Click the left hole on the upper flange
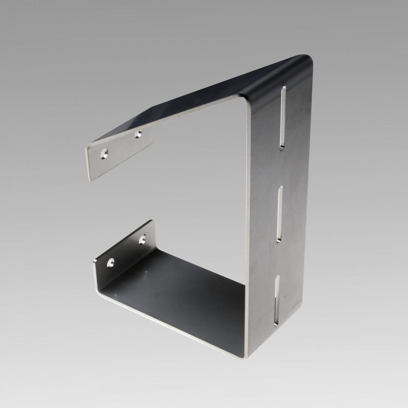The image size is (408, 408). click(x=105, y=154)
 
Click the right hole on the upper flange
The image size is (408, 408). click(x=137, y=135)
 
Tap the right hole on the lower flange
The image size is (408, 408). click(x=142, y=240)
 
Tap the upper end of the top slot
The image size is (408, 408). click(x=284, y=88)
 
